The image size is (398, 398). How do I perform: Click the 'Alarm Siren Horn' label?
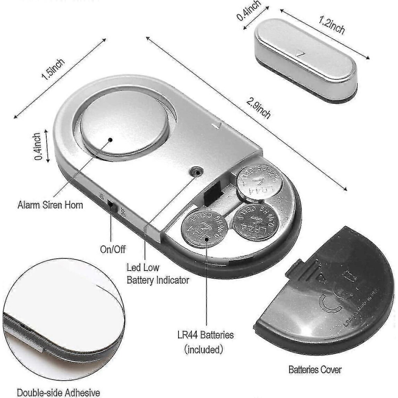(x=50, y=205)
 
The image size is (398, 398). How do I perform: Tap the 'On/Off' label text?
(x=113, y=250)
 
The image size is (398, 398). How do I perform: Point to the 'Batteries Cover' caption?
(x=315, y=369)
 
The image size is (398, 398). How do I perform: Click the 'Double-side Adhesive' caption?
(x=58, y=392)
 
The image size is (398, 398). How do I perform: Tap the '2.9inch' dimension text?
(x=258, y=110)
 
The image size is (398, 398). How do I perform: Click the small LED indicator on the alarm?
(x=196, y=171)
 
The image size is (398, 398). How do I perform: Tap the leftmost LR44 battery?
(x=203, y=228)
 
